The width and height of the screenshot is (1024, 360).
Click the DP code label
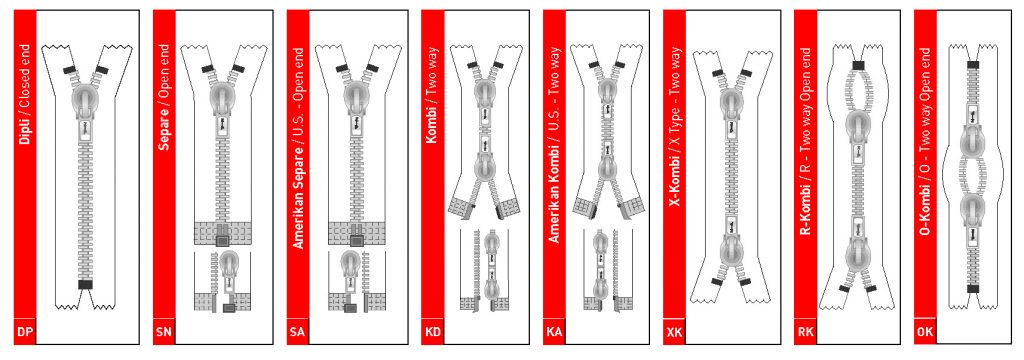pos(25,333)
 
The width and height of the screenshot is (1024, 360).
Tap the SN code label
pos(163,333)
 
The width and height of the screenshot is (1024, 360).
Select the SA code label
pos(297,333)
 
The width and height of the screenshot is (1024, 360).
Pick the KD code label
pos(432,333)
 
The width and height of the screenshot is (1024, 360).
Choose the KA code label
pos(554,333)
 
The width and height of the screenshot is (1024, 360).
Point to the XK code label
pos(674,333)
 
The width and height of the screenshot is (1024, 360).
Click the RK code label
pos(805,333)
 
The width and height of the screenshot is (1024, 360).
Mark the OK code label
pos(925,333)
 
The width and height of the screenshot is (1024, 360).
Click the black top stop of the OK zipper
pos(973,65)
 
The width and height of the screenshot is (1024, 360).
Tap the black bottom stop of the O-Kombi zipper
pos(973,288)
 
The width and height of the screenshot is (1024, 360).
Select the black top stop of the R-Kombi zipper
pos(858,64)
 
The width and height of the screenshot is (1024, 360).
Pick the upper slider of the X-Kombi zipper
pos(730,104)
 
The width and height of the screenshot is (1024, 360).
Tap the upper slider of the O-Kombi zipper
pos(973,137)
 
